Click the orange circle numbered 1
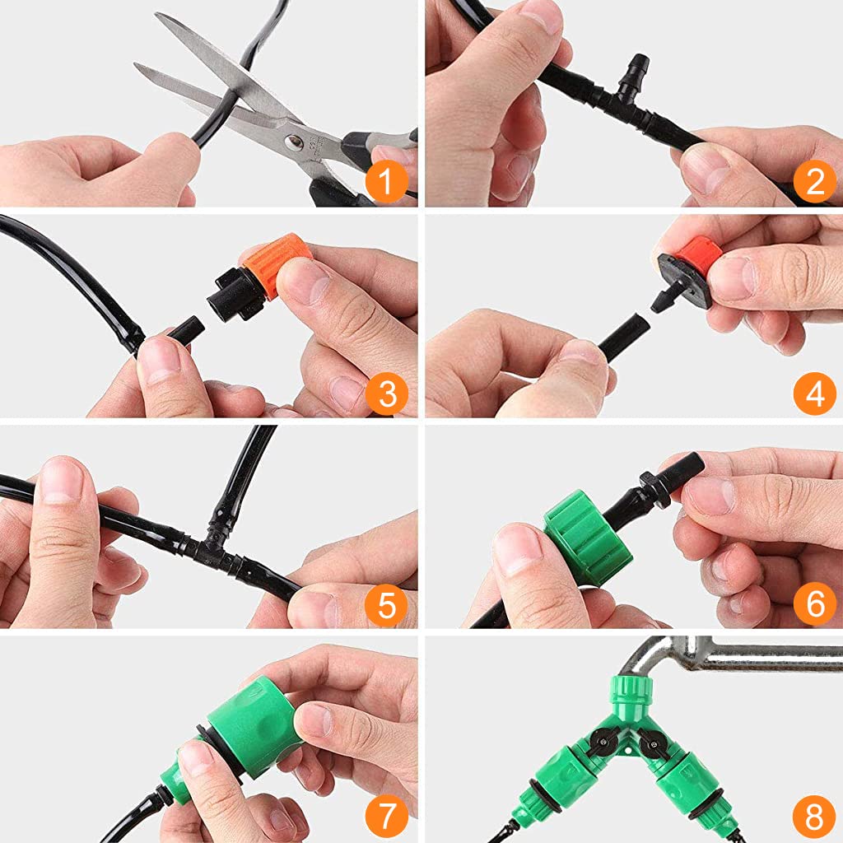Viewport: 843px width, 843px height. (386, 181)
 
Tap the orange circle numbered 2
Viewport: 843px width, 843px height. (815, 181)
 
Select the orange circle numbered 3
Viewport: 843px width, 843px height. (386, 394)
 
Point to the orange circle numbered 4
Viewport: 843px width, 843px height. (815, 394)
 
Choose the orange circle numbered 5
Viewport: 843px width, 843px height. (386, 605)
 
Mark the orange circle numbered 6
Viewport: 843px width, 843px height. (815, 605)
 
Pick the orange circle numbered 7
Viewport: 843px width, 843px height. (386, 816)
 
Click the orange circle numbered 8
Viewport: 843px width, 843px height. (815, 816)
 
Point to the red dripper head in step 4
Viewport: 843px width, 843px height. (699, 257)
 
